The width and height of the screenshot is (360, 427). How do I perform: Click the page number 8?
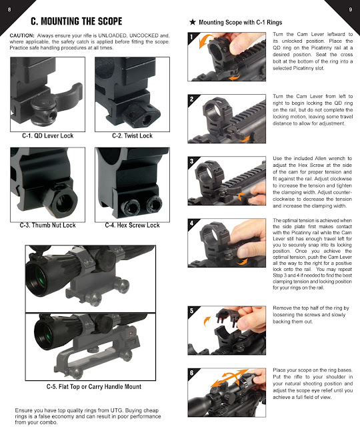coord(9,9)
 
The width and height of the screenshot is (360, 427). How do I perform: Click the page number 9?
coord(350,9)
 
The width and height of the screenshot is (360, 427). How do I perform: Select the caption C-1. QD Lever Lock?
coord(48,136)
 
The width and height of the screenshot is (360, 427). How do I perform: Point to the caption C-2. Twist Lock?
coord(133,136)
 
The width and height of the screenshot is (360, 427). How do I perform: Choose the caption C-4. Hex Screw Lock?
coord(133,226)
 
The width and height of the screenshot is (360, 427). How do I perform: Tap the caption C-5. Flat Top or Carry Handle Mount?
coord(93,387)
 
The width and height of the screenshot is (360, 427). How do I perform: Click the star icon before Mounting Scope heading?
coord(193,22)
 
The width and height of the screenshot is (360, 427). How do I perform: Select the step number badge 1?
coord(192,39)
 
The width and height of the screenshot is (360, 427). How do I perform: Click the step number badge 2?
coord(192,101)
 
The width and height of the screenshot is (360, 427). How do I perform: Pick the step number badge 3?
coord(192,162)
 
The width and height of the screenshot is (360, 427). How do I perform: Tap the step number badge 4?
coord(192,224)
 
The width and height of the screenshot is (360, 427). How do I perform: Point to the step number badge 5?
coord(192,311)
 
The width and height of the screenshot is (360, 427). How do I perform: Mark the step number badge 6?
coord(192,373)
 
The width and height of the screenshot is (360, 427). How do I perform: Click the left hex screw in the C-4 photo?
coord(130,203)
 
